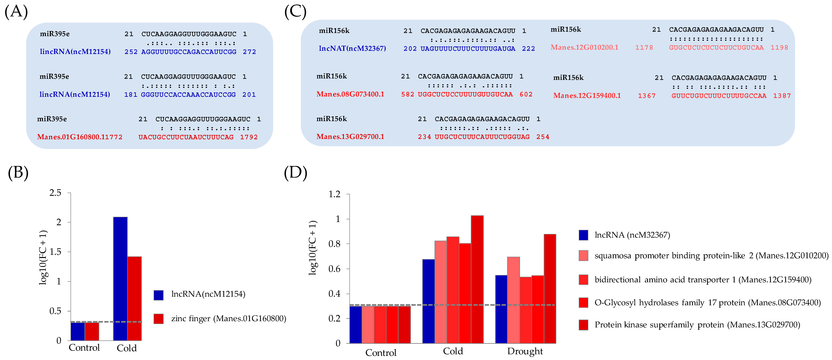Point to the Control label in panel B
pos(84,348)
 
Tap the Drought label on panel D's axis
pos(525,351)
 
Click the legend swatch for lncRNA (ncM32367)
pos(583,235)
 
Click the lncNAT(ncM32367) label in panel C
pos(352,48)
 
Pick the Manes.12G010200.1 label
pos(584,47)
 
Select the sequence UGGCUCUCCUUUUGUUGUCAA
pos(465,94)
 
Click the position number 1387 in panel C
pos(782,96)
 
